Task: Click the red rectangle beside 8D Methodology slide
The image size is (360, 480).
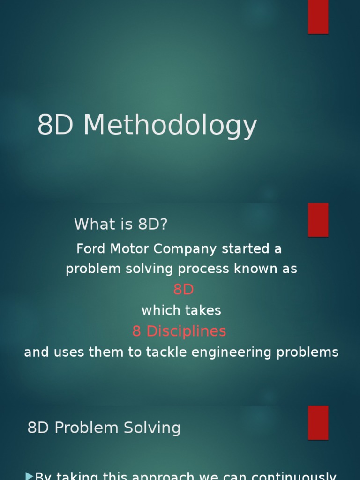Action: point(318,16)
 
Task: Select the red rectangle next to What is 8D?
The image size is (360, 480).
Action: point(318,219)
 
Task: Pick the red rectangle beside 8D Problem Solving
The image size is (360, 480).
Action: point(318,422)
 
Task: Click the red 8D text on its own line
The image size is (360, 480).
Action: point(183,290)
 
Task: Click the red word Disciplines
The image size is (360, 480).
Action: point(186,331)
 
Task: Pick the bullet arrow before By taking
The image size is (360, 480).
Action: point(29,476)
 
